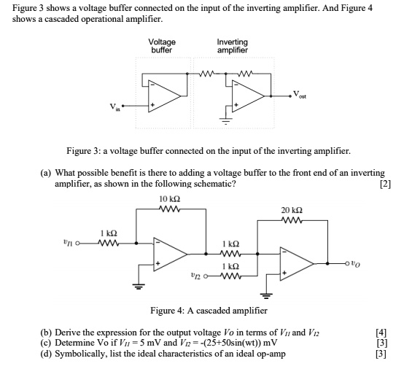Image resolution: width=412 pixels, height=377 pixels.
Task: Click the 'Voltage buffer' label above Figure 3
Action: tap(162, 46)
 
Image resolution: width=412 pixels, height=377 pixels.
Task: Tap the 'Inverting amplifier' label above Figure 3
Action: tap(233, 46)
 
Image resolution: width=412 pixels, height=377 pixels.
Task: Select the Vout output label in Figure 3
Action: tap(300, 95)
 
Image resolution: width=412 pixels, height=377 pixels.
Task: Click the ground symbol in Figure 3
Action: tap(226, 121)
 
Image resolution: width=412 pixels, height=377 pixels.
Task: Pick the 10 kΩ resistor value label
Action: tap(170, 199)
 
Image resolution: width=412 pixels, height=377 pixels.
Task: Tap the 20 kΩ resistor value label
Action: tap(292, 210)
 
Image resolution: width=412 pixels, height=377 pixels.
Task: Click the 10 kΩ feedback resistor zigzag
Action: tap(170, 209)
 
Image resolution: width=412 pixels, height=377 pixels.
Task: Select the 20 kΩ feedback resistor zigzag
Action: tap(292, 220)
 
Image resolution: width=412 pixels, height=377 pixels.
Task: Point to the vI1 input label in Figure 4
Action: tap(68, 242)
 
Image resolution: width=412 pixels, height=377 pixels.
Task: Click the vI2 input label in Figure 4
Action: tap(196, 276)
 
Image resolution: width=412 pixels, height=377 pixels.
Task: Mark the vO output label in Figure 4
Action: tap(356, 263)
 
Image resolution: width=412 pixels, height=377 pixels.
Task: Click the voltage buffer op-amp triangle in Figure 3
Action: tap(164, 96)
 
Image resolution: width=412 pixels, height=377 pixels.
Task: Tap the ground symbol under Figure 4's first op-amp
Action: tap(139, 286)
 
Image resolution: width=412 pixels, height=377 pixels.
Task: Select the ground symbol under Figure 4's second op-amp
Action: tap(266, 296)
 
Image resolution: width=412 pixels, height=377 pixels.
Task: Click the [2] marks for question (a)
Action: tap(386, 184)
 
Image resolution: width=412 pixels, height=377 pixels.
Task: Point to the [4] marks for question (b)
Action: tap(381, 333)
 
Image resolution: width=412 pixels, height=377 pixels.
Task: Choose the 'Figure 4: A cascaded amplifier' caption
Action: tap(209, 311)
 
